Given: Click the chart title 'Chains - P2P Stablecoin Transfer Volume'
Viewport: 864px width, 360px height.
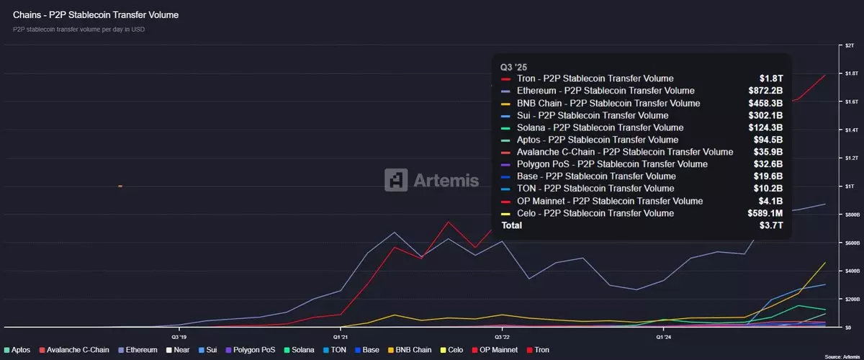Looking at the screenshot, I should pyautogui.click(x=96, y=14).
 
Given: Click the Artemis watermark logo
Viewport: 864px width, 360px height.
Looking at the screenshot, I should pyautogui.click(x=431, y=179).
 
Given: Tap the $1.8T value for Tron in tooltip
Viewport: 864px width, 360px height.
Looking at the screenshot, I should pyautogui.click(x=771, y=78).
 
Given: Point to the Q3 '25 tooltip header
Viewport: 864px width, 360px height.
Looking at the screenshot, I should pyautogui.click(x=514, y=67).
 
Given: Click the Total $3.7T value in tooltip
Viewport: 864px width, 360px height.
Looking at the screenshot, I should pyautogui.click(x=771, y=225).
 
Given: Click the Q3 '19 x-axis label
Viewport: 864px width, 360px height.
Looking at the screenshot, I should pyautogui.click(x=179, y=336).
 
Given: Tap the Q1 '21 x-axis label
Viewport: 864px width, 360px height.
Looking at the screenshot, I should pyautogui.click(x=341, y=336).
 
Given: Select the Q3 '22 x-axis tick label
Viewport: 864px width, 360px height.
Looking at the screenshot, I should pyautogui.click(x=502, y=336).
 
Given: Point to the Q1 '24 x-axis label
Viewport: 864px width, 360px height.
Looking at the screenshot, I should pyautogui.click(x=664, y=336).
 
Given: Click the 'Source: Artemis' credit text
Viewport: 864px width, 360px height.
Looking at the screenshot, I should pyautogui.click(x=842, y=356).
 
